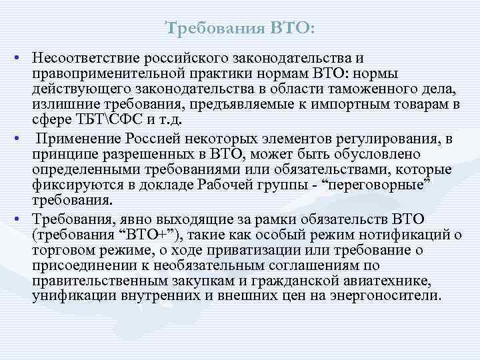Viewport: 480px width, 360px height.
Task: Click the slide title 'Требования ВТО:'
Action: (x=240, y=29)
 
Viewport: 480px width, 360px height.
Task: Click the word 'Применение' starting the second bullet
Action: (x=75, y=139)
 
